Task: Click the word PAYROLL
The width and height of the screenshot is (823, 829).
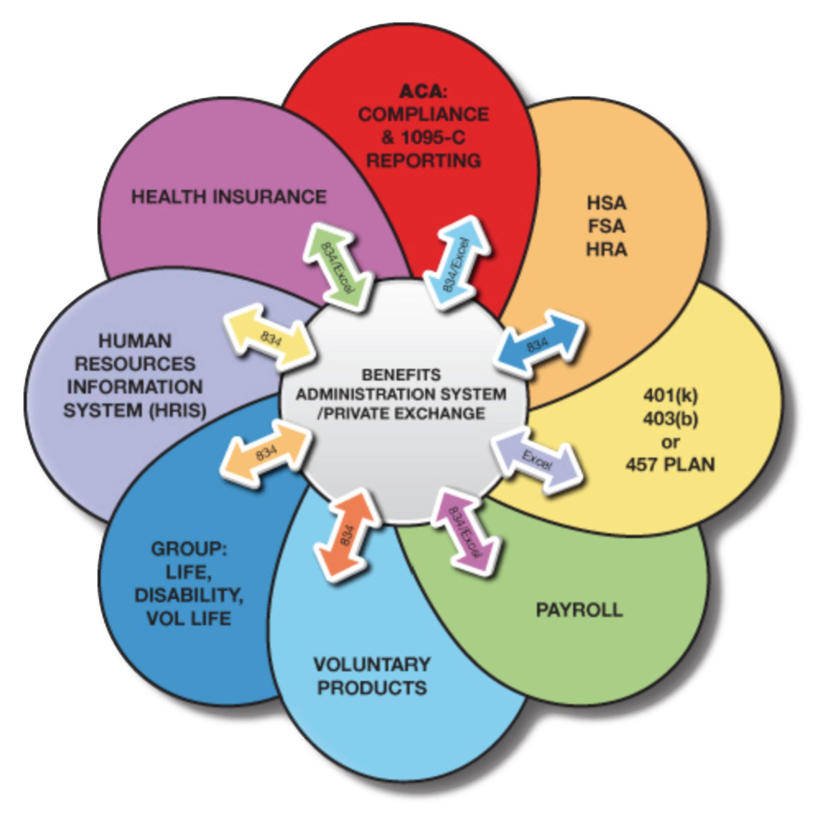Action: [x=579, y=610]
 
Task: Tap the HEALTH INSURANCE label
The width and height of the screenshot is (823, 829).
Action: [x=229, y=197]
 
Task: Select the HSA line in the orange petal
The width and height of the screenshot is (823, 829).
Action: [x=606, y=203]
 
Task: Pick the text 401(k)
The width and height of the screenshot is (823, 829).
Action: [x=670, y=396]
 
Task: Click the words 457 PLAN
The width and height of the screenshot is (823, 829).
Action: [x=670, y=464]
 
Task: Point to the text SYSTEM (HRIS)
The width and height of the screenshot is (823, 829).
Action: [x=135, y=410]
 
